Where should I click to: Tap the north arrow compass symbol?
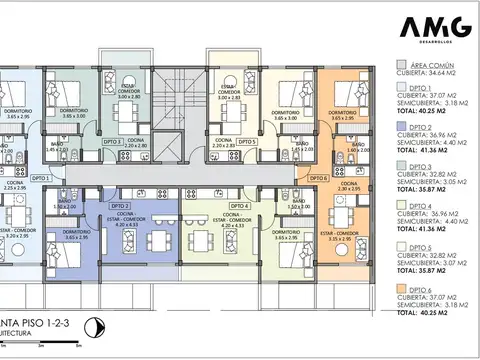pyautogui.click(x=92, y=325)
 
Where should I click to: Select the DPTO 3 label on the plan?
pyautogui.click(x=114, y=142)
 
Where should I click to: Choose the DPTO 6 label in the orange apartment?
pyautogui.click(x=317, y=178)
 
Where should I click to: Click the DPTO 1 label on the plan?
pyautogui.click(x=41, y=177)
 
